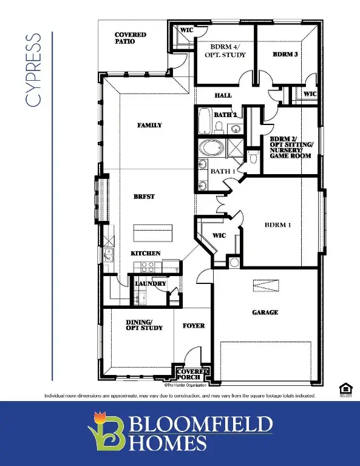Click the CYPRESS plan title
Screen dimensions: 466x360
click(x=34, y=70)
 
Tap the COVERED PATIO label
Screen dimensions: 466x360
click(x=130, y=38)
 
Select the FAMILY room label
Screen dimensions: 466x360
click(x=149, y=125)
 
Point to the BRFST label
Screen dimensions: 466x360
click(x=145, y=197)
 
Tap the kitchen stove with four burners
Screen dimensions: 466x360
click(x=148, y=265)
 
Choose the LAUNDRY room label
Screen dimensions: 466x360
click(x=151, y=283)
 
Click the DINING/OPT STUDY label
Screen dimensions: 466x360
click(x=144, y=325)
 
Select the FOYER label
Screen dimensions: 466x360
click(x=194, y=326)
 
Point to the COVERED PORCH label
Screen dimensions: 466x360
click(x=197, y=374)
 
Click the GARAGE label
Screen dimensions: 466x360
click(x=265, y=312)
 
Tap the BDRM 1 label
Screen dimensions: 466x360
click(x=278, y=225)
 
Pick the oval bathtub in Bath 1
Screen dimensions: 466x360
click(x=212, y=148)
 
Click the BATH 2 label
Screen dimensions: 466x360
click(x=225, y=114)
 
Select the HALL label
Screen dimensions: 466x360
click(x=223, y=95)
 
